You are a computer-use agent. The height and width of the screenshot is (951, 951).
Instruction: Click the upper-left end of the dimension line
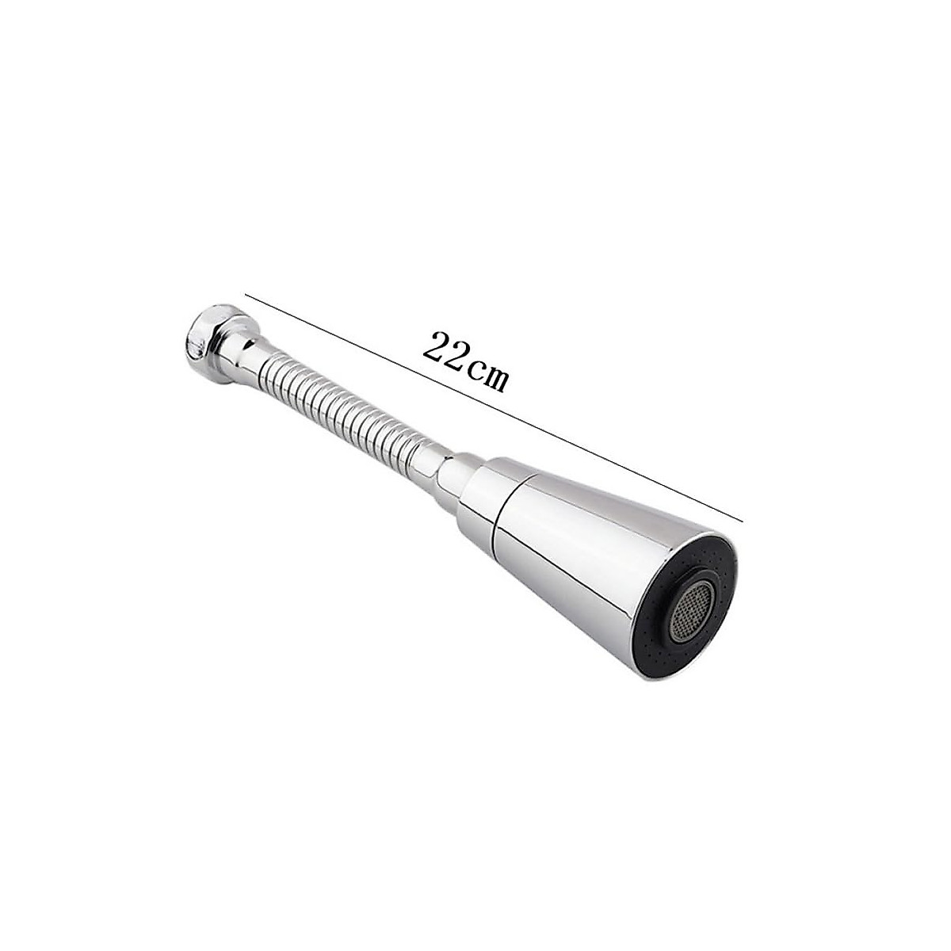click(245, 294)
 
